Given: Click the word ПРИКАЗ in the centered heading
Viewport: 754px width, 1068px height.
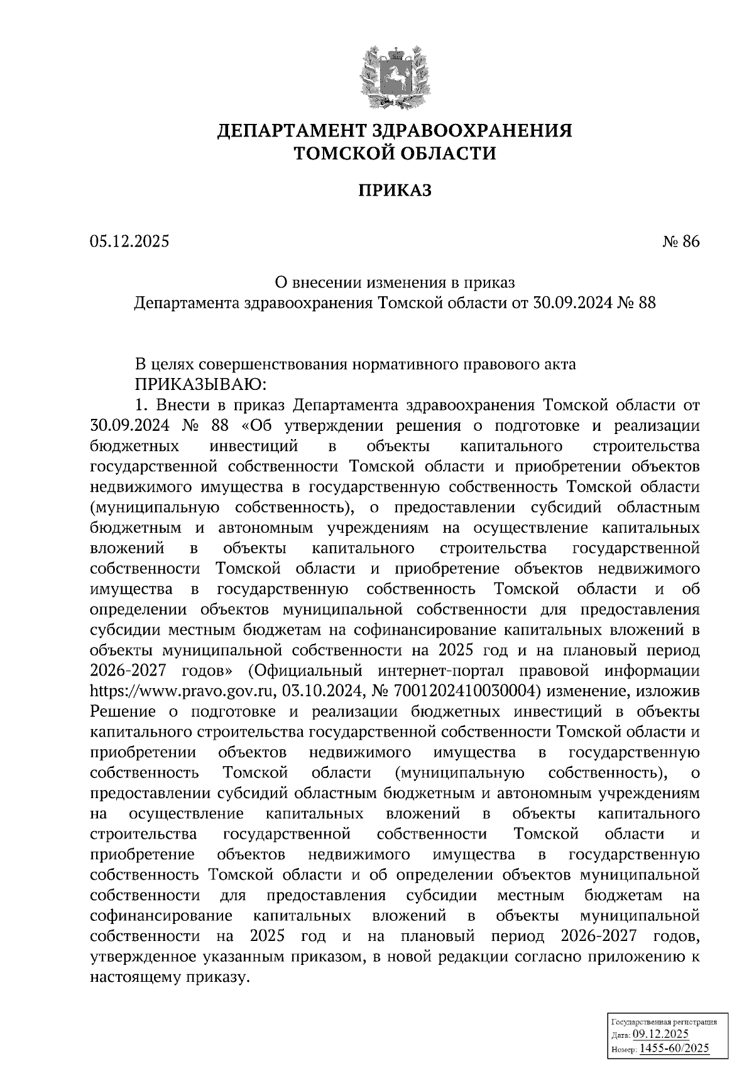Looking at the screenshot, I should click(x=395, y=191).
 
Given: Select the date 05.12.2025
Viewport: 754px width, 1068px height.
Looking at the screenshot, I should click(x=129, y=242).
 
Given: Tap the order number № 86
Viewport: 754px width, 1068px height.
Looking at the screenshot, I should click(x=680, y=242).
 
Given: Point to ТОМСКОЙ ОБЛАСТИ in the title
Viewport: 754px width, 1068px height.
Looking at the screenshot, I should click(x=395, y=153).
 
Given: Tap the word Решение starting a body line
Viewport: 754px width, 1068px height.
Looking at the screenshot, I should click(x=123, y=712).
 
